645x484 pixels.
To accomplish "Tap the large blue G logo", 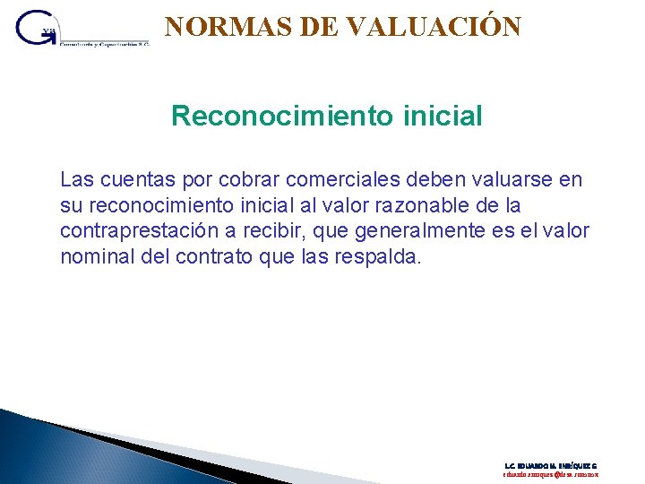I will pos(36,30).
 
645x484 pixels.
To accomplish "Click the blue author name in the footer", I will pos(551,466).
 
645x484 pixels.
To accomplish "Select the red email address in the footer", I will pos(551,475).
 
